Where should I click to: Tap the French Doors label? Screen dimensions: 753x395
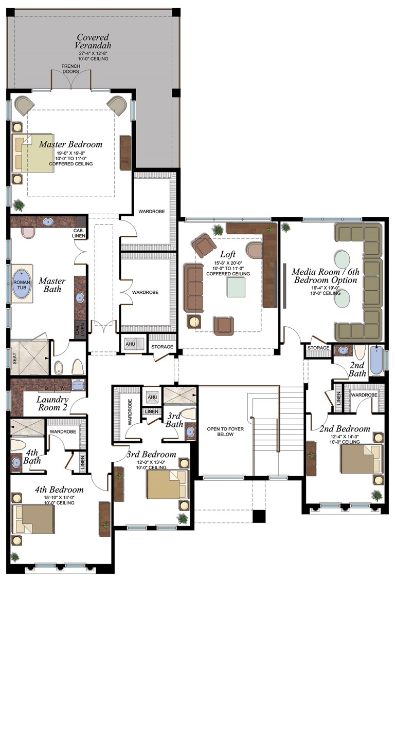[x=70, y=69]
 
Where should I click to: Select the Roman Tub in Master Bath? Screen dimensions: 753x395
[x=22, y=283]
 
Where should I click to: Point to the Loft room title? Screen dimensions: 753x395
[x=228, y=254]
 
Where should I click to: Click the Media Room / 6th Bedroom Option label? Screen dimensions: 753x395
[x=324, y=275]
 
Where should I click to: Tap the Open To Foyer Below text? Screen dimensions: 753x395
[x=221, y=431]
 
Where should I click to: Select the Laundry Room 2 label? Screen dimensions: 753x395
[x=52, y=403]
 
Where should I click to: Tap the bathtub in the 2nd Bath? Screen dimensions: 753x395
[x=377, y=358]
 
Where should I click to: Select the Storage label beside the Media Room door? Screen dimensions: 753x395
[x=318, y=348]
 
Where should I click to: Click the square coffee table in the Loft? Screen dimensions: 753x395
[x=237, y=285]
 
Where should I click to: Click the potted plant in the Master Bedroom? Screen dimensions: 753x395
[x=19, y=205]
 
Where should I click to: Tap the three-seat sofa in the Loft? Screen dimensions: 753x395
[x=194, y=288]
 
